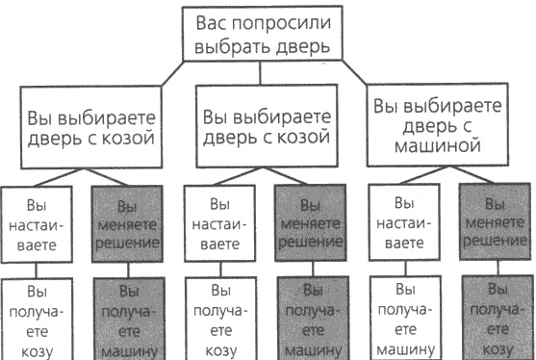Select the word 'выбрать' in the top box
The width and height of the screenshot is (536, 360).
coord(232,47)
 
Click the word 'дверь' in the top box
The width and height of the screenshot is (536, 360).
coord(297,47)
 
